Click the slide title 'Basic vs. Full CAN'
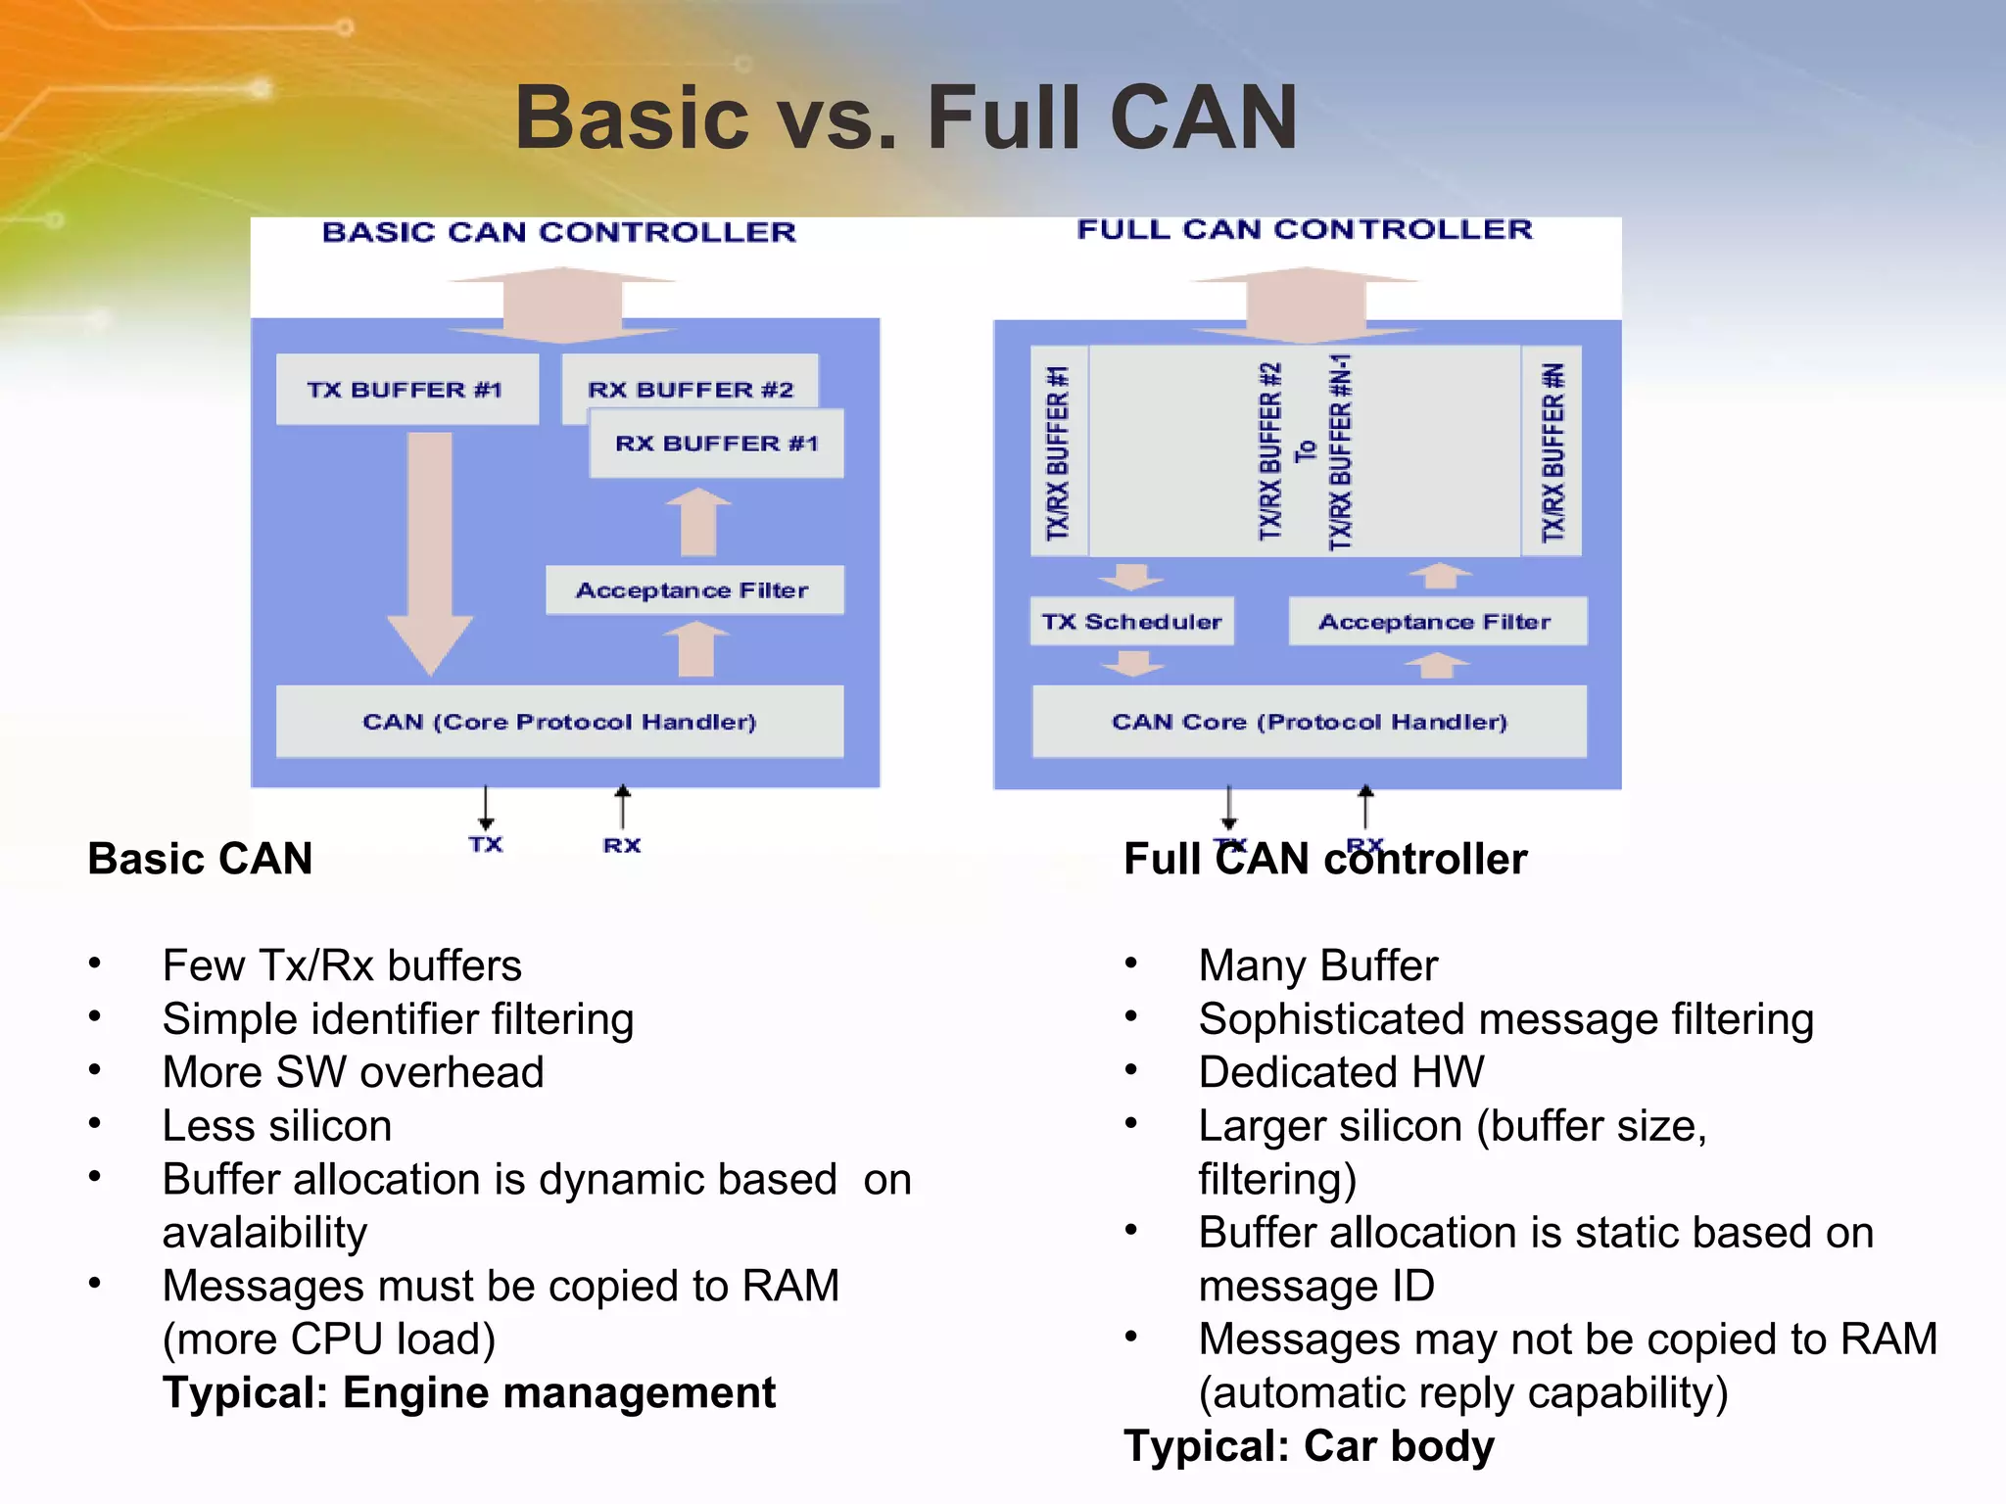[x=906, y=117]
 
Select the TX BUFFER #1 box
[x=406, y=390]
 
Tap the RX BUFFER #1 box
[x=717, y=445]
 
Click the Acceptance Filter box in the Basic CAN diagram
[x=693, y=590]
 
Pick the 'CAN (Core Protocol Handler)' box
[x=559, y=722]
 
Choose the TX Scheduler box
[x=1131, y=622]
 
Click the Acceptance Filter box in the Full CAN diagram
[x=1436, y=622]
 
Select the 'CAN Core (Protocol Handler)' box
[x=1310, y=722]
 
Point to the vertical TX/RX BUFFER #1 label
[x=1058, y=452]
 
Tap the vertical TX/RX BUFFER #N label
[x=1552, y=452]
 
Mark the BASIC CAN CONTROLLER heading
[x=559, y=233]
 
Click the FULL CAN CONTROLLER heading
[x=1305, y=230]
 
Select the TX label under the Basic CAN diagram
[x=486, y=845]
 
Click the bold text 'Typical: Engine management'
[x=469, y=1392]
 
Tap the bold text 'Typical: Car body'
[x=1310, y=1446]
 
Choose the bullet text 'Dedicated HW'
[x=1341, y=1072]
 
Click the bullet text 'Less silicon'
[x=277, y=1126]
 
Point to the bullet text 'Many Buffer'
[x=1318, y=965]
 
